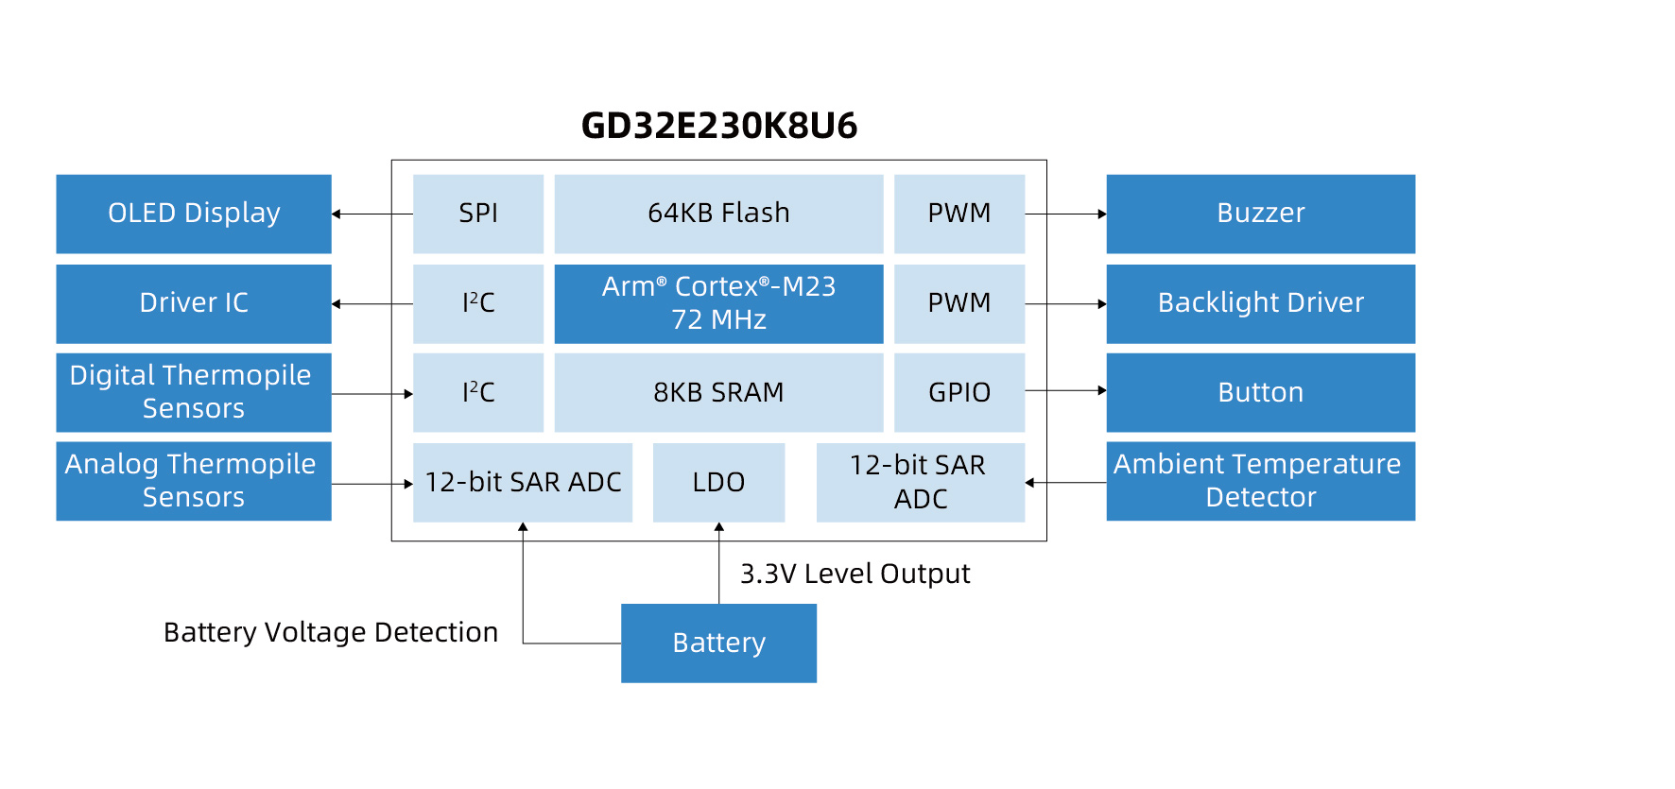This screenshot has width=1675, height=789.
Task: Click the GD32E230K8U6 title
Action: pos(718,126)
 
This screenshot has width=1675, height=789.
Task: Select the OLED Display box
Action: pos(194,214)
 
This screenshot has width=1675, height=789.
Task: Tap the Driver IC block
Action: pos(194,303)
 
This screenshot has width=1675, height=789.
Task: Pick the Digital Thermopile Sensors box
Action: pos(194,392)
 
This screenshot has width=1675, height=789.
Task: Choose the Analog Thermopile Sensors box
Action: pos(194,481)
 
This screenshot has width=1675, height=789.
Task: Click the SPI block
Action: pos(478,214)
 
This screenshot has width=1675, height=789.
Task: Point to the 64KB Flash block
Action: pos(718,214)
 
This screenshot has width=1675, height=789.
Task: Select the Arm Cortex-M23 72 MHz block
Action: pos(718,303)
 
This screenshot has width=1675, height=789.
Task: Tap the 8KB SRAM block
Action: pos(718,392)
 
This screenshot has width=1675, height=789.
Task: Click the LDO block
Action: pos(718,482)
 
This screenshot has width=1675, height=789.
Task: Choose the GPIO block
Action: pos(959,392)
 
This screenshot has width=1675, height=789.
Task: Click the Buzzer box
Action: pos(1260,214)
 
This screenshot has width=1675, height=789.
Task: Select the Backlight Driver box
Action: pos(1260,303)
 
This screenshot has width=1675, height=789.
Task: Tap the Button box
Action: pos(1260,392)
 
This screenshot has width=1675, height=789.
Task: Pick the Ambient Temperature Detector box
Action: pos(1260,481)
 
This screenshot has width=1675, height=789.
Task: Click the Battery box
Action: pos(718,643)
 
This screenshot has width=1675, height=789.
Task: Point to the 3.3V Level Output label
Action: pos(855,574)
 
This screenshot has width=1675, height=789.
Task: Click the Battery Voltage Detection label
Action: pos(331,632)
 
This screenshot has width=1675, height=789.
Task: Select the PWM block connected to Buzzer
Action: pos(959,214)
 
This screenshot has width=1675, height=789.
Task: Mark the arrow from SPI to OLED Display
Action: pos(372,214)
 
